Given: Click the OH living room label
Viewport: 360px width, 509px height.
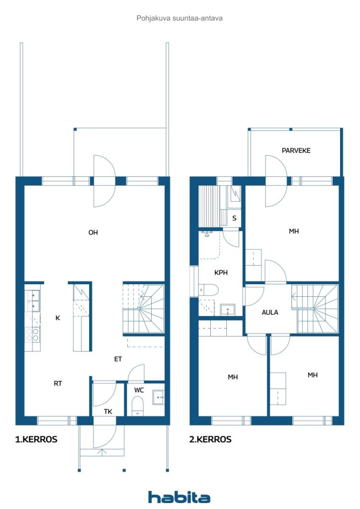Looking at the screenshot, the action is pos(93,233).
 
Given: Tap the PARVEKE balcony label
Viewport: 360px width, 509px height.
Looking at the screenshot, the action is pos(296,151).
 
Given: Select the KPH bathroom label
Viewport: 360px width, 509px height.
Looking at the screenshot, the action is pos(221,273).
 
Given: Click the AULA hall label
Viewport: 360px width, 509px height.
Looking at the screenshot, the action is pos(270,312).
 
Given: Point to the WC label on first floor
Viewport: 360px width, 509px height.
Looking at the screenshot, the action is pos(139,390).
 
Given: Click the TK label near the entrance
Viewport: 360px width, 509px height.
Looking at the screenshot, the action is pos(108,412).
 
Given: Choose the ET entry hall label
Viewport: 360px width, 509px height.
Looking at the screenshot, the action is pos(118,359).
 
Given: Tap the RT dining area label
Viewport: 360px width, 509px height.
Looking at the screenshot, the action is pos(58,383).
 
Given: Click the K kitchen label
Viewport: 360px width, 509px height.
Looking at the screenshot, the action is pos(58,318).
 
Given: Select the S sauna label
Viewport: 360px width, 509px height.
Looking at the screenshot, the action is pos(234,218).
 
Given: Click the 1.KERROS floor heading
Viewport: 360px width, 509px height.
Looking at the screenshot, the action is pos(36,439).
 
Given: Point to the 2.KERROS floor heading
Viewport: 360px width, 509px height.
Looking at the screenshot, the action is pos(210,439).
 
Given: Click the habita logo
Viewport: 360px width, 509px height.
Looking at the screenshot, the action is pos(179,497).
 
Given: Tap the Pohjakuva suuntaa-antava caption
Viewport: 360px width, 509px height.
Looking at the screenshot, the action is pos(180,18).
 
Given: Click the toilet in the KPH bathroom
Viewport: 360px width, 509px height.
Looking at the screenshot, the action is pos(209,289).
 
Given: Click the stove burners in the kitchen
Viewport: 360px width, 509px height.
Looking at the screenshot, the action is pos(32,335).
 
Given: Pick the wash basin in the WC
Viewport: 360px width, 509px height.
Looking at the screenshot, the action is pos(159,397).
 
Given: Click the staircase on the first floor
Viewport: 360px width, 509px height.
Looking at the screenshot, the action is pos(144,309).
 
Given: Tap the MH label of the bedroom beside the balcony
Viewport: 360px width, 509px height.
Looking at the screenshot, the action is pos(294,231).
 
